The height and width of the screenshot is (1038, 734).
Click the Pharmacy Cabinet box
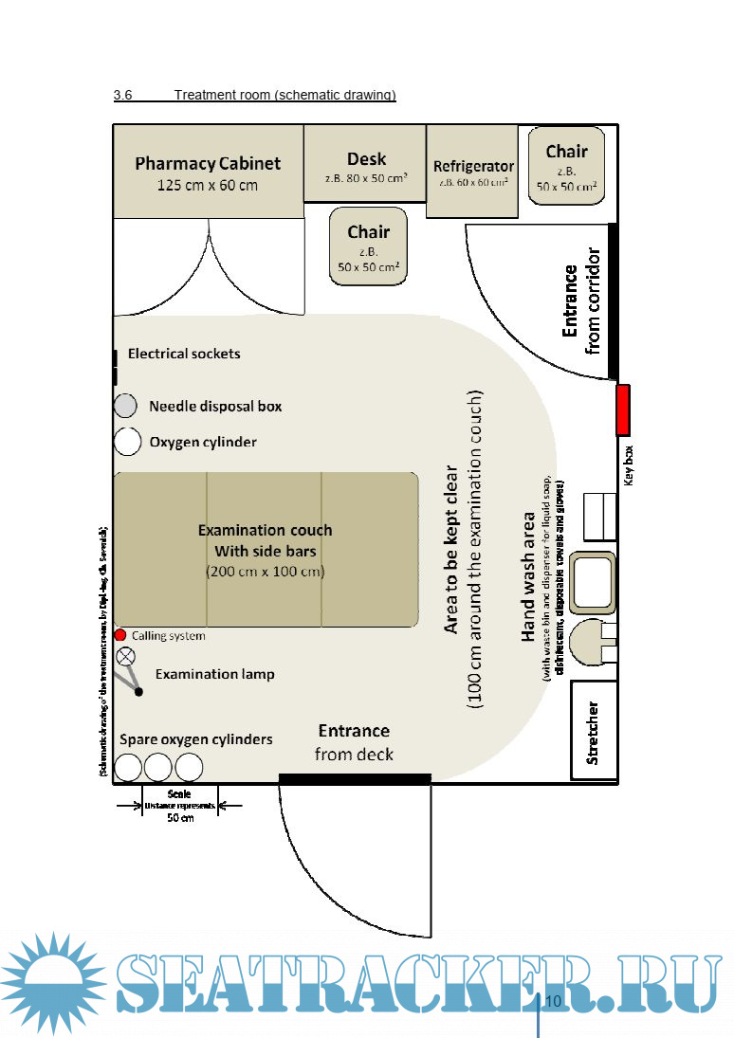[x=208, y=172]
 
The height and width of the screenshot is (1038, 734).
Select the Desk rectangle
[x=365, y=164]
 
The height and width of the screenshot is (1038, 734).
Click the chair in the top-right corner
[x=566, y=166]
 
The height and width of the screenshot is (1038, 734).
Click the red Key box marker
[x=623, y=410]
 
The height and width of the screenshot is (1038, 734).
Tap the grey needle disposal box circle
[x=126, y=407]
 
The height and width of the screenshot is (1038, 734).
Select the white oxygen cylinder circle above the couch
[x=126, y=442]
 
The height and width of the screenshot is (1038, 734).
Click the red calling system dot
[x=120, y=634]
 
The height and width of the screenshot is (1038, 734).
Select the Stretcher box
[x=593, y=732]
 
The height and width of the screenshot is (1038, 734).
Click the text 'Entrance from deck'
[x=354, y=742]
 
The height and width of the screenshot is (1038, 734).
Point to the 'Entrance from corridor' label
[x=581, y=300]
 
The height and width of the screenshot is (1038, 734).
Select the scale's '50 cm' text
[x=180, y=817]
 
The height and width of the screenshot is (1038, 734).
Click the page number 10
[x=553, y=1002]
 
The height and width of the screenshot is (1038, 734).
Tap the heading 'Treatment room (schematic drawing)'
[x=284, y=95]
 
